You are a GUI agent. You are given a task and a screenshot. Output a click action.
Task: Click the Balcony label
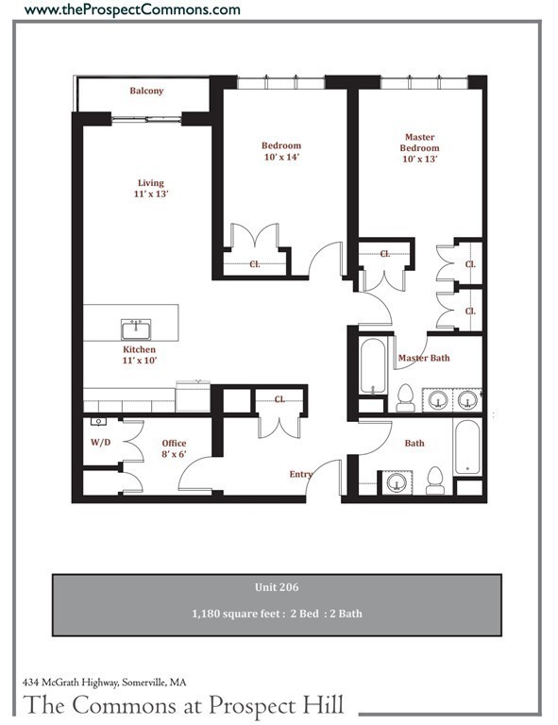point(146,91)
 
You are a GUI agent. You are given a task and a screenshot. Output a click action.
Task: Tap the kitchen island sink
point(136,329)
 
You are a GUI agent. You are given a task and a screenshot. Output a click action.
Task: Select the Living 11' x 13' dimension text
point(151,194)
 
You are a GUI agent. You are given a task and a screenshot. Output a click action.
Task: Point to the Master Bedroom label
point(420,143)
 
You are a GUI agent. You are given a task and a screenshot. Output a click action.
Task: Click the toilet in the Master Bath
point(406,397)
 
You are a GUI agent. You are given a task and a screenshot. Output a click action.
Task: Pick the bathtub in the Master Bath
point(373,366)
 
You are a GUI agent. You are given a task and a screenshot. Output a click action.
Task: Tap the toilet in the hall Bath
point(435,481)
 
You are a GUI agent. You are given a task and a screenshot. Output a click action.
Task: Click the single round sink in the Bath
point(397,482)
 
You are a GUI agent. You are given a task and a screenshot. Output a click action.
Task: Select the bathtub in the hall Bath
point(467,447)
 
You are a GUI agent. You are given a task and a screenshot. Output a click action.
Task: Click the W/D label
point(100,442)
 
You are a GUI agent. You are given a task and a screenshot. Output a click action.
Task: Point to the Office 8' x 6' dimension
point(174,454)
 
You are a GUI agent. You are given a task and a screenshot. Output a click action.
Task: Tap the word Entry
point(301,475)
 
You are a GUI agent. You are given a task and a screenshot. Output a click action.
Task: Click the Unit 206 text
point(277,587)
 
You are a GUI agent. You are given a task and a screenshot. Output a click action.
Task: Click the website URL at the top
point(132,8)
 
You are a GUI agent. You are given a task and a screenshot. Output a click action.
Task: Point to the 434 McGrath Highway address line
point(105,682)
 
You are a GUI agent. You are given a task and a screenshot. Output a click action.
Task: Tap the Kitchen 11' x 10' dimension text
point(140,361)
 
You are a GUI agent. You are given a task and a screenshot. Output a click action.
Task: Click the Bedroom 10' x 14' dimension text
point(281,157)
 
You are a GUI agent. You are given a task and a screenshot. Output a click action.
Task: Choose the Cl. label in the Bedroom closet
point(255,264)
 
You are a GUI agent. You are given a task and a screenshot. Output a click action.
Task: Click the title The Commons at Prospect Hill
point(183,705)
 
